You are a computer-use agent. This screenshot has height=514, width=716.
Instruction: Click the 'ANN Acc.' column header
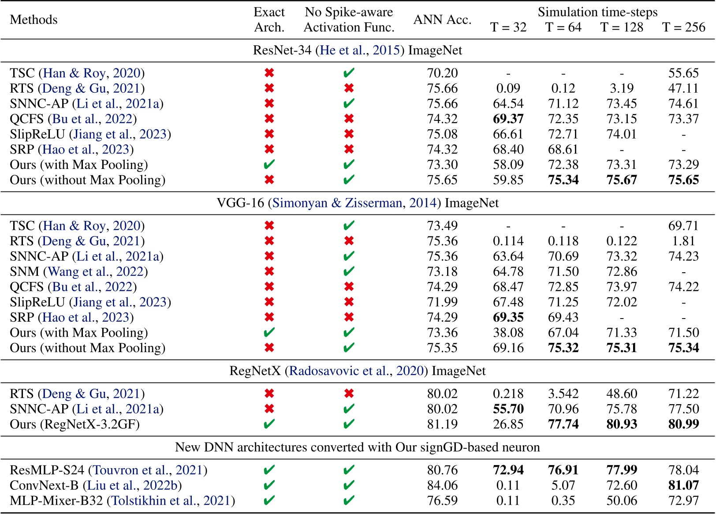click(442, 20)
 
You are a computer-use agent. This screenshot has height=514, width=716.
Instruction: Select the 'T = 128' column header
click(622, 27)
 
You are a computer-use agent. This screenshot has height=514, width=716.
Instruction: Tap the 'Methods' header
click(34, 20)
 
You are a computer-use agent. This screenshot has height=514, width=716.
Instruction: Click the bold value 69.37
click(508, 119)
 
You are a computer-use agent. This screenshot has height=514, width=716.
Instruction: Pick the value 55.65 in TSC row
click(683, 73)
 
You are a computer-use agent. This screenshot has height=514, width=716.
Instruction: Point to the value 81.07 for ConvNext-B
click(683, 486)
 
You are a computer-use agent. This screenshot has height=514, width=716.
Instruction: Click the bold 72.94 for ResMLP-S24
click(508, 470)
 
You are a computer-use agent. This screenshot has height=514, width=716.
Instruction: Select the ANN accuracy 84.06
click(442, 486)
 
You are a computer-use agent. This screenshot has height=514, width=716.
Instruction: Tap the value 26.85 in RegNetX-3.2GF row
click(508, 424)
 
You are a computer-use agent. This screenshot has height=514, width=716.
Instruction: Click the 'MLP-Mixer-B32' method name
click(56, 501)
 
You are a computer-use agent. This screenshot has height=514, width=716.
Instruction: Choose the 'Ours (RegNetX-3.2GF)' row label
click(75, 424)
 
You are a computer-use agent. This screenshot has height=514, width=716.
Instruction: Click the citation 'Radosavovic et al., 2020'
click(356, 371)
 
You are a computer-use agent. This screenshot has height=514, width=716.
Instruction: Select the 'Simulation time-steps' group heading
click(597, 12)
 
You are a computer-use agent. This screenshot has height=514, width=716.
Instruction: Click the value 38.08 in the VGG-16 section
click(508, 333)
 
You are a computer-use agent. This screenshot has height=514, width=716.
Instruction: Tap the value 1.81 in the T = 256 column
click(683, 241)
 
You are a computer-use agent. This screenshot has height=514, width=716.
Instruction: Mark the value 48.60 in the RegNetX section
click(622, 394)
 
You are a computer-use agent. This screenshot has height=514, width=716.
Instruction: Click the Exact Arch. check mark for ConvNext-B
click(269, 486)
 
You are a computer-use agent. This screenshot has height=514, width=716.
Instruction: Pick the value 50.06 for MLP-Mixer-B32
click(622, 501)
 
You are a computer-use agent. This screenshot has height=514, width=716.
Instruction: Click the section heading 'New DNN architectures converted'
click(357, 447)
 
